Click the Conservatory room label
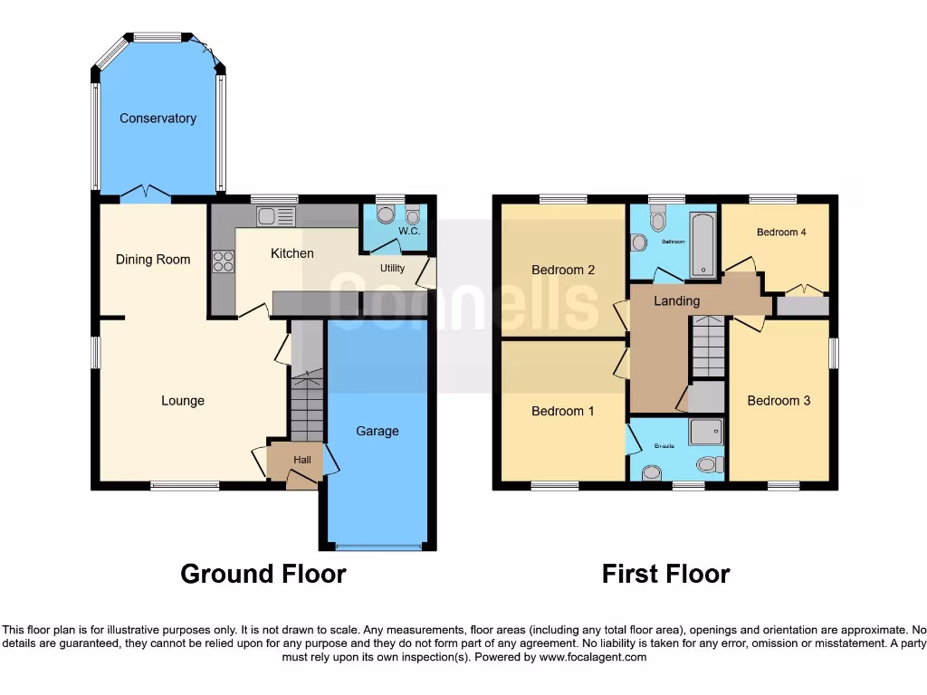(x=158, y=119)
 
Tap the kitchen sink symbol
(x=276, y=215)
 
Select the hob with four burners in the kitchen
(x=223, y=262)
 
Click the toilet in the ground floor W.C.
(x=385, y=214)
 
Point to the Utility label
(x=392, y=269)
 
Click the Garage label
(x=377, y=431)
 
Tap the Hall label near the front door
(x=302, y=461)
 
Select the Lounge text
(x=183, y=401)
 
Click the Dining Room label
(x=153, y=260)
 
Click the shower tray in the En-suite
(x=706, y=432)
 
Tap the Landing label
(x=677, y=300)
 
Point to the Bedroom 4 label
(x=781, y=233)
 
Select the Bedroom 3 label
(x=779, y=401)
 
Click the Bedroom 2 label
(x=563, y=270)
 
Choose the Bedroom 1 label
(x=563, y=411)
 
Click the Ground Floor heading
(x=263, y=574)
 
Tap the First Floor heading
(x=666, y=574)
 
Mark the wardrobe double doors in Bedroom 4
(x=802, y=290)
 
